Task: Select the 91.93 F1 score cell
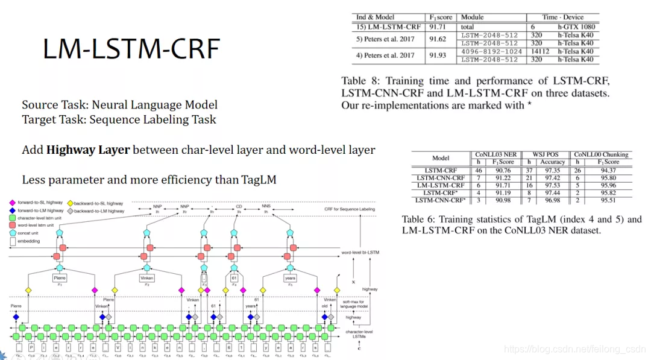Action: pyautogui.click(x=437, y=55)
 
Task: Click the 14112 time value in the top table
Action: pyautogui.click(x=539, y=51)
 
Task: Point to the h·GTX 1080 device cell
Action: pyautogui.click(x=575, y=27)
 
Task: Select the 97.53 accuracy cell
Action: pyautogui.click(x=552, y=185)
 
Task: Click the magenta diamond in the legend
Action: pyautogui.click(x=13, y=203)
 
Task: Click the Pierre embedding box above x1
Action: pyautogui.click(x=59, y=277)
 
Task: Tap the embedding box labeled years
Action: pyautogui.click(x=290, y=278)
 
